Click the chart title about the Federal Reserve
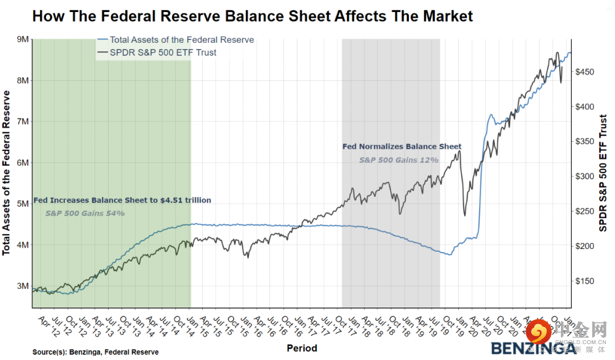click(252, 15)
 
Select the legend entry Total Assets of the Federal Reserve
click(182, 40)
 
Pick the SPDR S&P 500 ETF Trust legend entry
click(163, 52)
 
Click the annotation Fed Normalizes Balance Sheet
click(401, 146)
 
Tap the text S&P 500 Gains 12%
click(399, 160)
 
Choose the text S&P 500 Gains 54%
click(85, 214)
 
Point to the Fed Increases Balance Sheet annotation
click(122, 200)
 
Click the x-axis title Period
click(302, 348)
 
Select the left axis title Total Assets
click(7, 173)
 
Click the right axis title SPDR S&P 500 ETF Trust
click(604, 173)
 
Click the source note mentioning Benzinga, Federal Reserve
click(96, 352)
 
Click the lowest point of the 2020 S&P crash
click(465, 215)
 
